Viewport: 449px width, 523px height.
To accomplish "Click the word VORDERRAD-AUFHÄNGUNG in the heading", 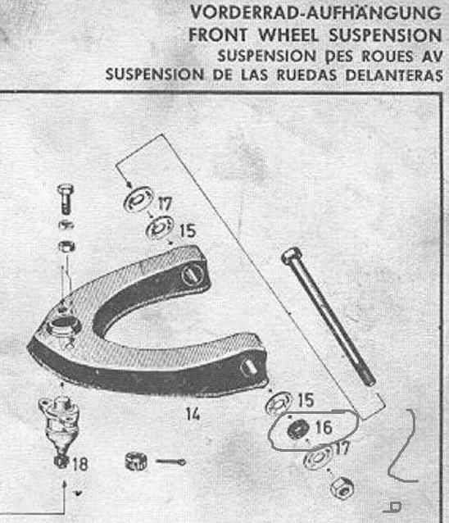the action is [x=315, y=12].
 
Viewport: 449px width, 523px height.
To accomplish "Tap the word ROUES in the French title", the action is [x=388, y=56].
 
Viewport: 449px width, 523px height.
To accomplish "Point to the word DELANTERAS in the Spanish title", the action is [x=394, y=75].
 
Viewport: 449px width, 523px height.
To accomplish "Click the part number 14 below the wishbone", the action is [x=193, y=415].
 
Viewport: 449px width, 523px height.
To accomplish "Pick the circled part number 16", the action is [x=324, y=427].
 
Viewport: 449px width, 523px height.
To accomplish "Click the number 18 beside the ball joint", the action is [x=80, y=464].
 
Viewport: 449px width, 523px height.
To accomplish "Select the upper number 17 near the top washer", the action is [x=165, y=204].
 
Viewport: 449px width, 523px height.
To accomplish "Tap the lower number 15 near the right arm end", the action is [x=306, y=400].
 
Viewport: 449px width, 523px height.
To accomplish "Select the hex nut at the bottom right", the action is [x=342, y=488].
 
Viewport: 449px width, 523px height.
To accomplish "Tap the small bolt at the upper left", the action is [x=66, y=198].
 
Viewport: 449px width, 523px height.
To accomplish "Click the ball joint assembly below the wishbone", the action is [x=59, y=423].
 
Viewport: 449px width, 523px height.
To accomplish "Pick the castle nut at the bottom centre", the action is [x=136, y=461].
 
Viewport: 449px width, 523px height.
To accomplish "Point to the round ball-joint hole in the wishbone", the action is [x=63, y=324].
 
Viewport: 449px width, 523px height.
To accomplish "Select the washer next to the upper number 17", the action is [x=138, y=200].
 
